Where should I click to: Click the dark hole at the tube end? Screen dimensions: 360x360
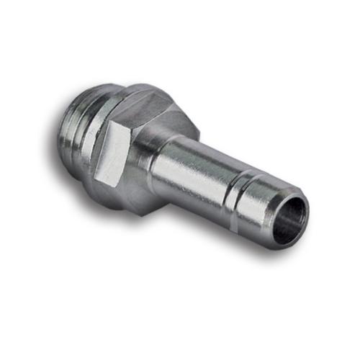click(291, 218)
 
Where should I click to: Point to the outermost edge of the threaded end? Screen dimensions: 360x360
click(58, 126)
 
